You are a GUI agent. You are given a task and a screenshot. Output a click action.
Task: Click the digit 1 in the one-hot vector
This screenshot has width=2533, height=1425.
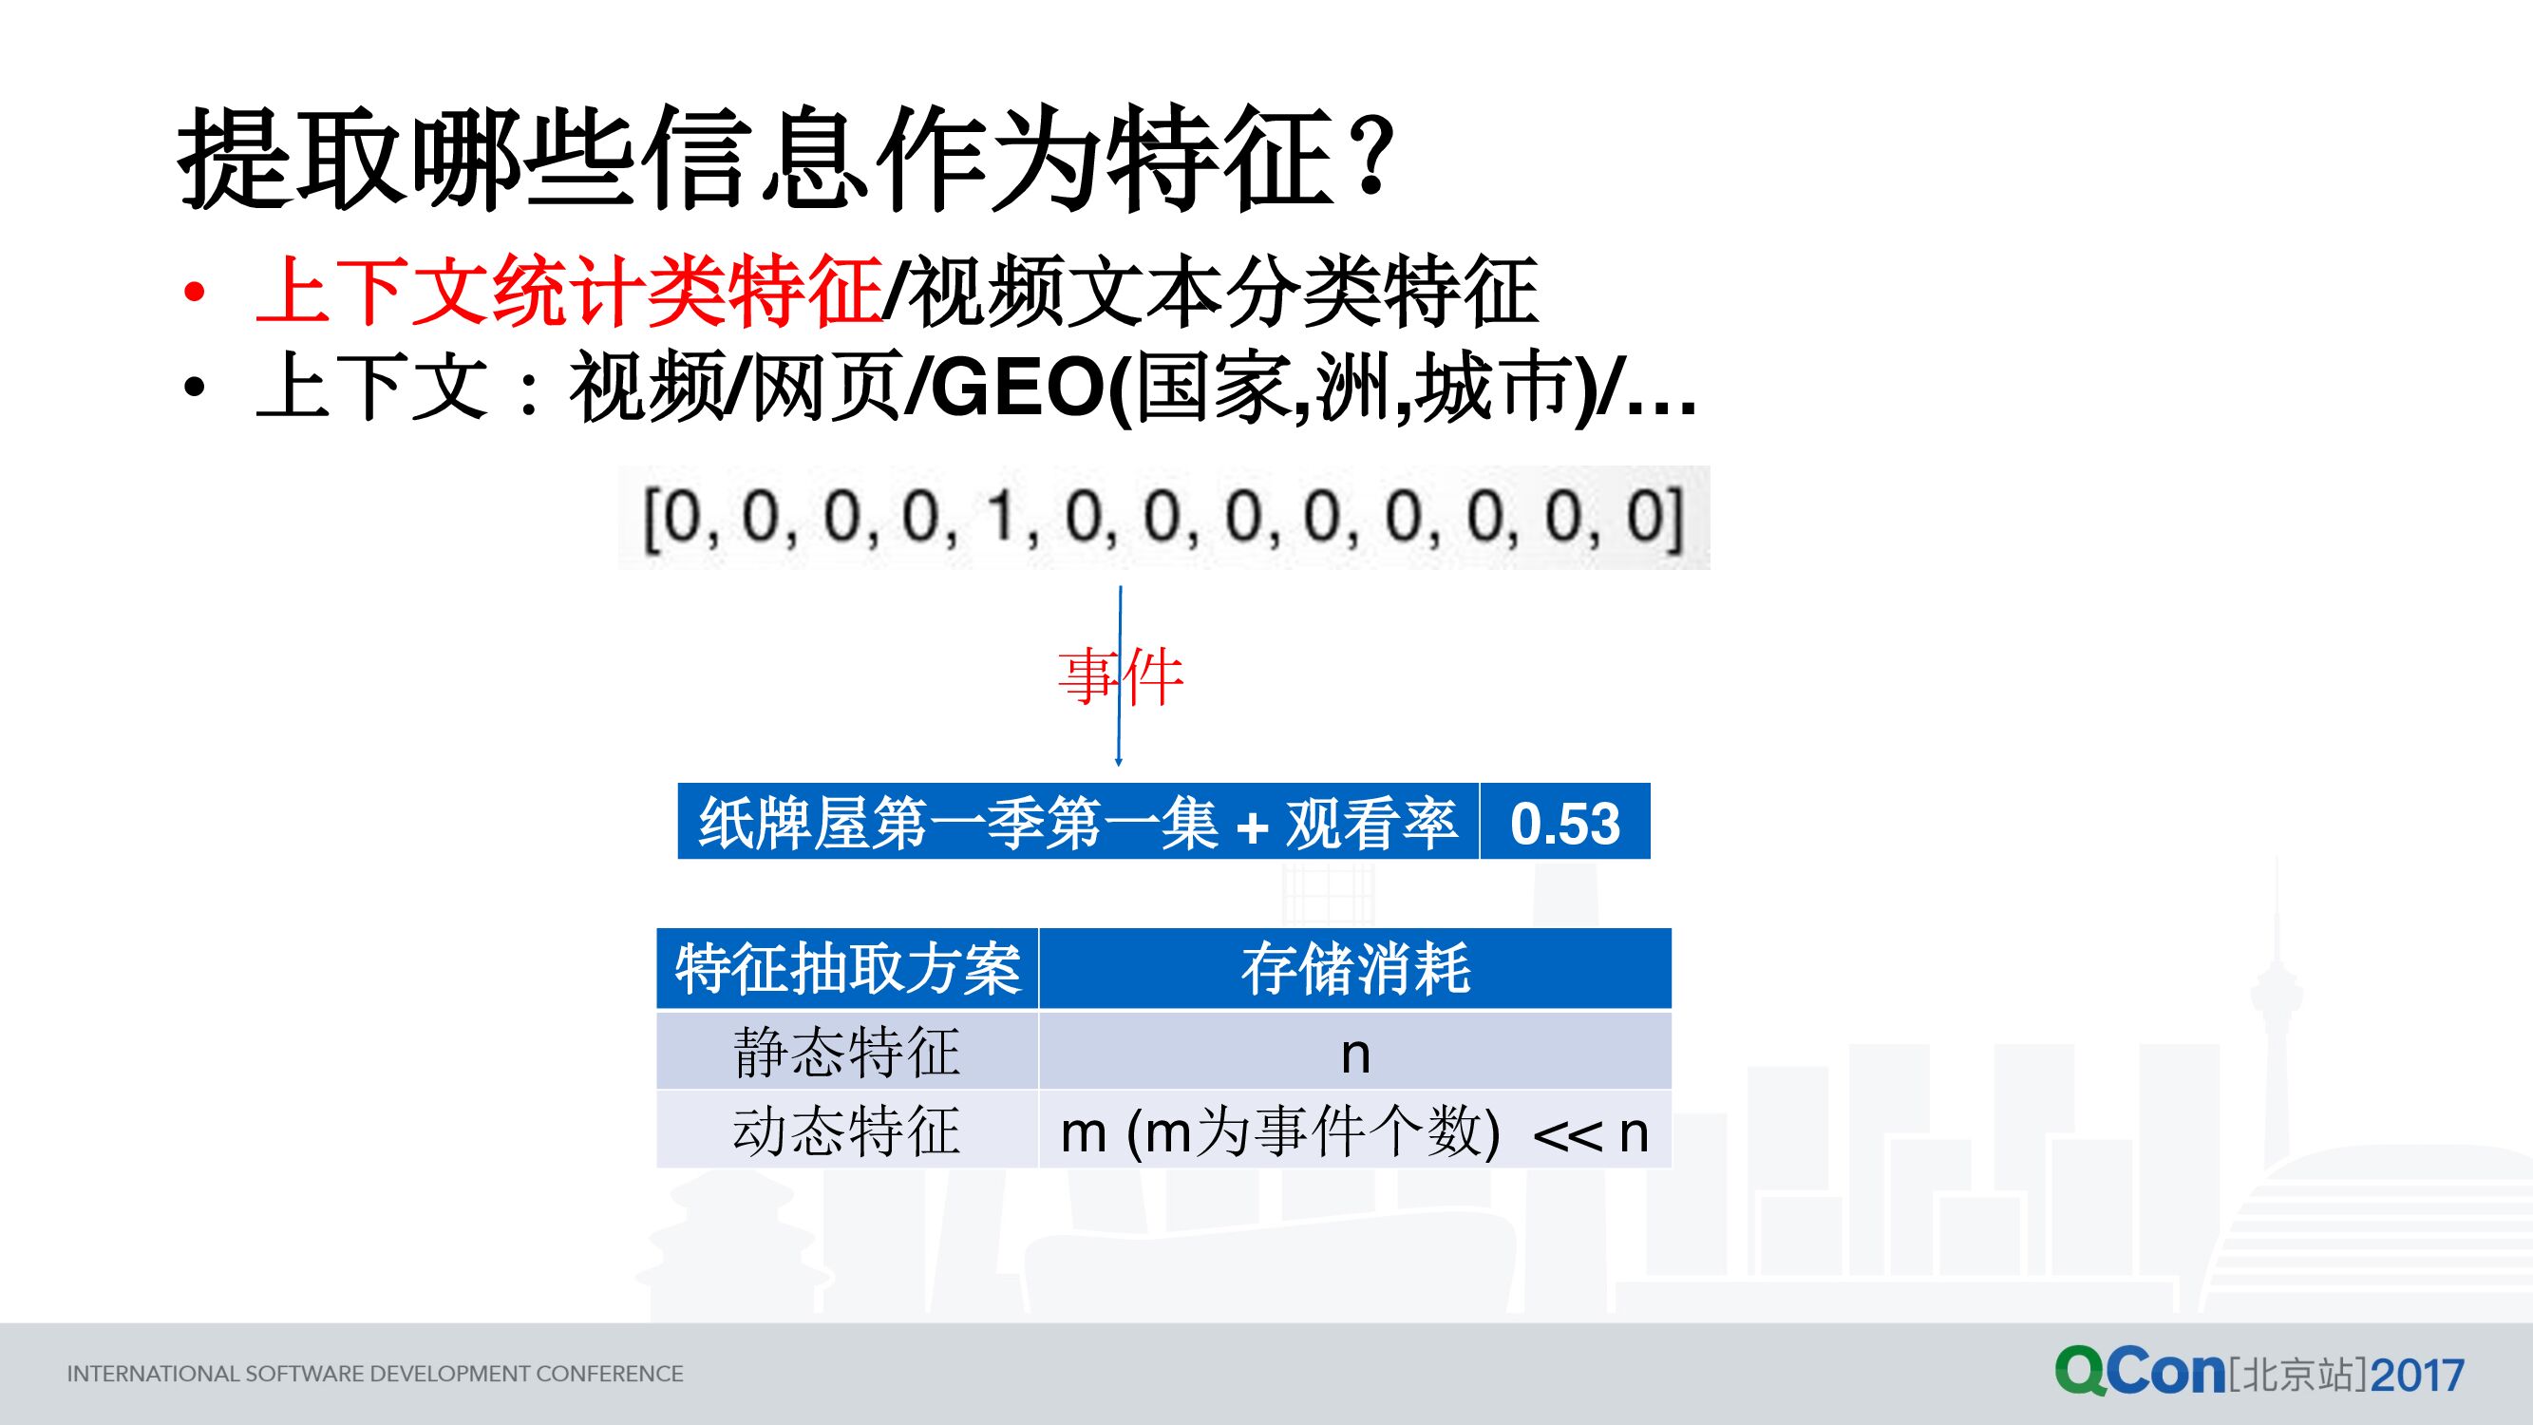(x=1001, y=518)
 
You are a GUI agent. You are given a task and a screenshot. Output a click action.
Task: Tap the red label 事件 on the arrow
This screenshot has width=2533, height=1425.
(x=1120, y=677)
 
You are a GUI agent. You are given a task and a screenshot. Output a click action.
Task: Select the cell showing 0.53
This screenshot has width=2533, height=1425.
(x=1564, y=823)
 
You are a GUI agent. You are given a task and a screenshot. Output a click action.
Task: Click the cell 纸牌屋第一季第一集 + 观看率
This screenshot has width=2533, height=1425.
(x=1078, y=823)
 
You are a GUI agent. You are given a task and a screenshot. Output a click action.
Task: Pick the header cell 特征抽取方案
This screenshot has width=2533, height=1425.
(x=847, y=970)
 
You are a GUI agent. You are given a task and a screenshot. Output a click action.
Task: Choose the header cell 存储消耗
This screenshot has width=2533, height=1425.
(x=1355, y=970)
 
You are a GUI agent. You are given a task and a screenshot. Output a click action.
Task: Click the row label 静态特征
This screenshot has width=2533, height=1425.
(x=846, y=1053)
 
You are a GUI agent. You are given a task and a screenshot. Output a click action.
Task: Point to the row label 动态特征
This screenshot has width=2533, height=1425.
(x=846, y=1130)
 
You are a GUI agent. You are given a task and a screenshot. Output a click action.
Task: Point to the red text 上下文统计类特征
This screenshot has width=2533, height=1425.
(x=568, y=290)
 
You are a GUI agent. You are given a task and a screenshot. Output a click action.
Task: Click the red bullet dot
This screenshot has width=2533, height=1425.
(x=195, y=292)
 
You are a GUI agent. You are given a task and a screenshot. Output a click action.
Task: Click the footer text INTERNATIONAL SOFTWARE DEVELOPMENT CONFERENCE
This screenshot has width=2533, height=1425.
(x=374, y=1374)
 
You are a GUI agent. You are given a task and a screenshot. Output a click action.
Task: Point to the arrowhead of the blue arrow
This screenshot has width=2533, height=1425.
(x=1118, y=760)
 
